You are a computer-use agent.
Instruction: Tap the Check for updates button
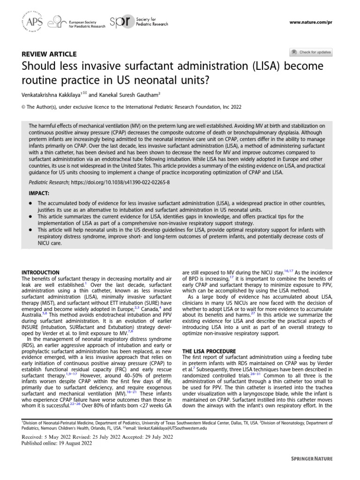(311, 52)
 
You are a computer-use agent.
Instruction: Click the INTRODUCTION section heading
(42, 272)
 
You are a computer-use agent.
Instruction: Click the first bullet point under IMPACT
(30, 203)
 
